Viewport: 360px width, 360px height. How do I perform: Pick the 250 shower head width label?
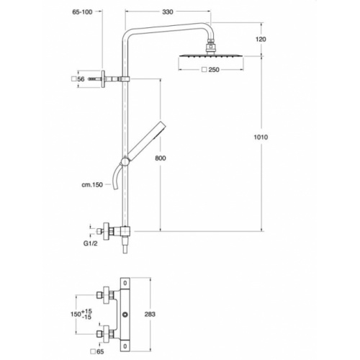[212, 69]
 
